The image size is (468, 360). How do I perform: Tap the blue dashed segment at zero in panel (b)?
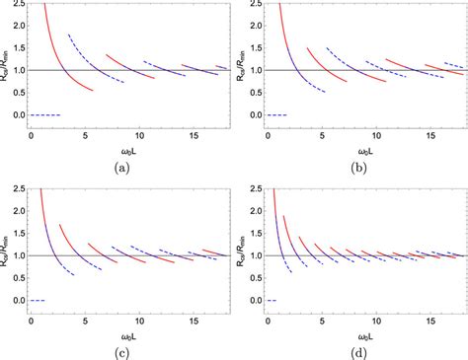click(x=277, y=115)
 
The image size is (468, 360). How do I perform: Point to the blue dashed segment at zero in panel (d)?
click(x=272, y=300)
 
